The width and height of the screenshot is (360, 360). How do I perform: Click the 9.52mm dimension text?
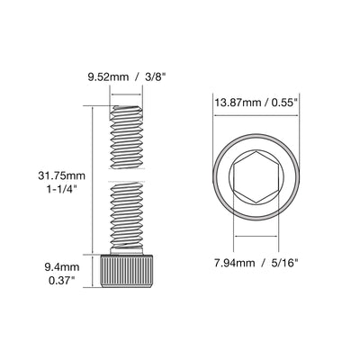pyautogui.click(x=108, y=77)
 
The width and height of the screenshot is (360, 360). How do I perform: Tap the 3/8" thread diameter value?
pyautogui.click(x=154, y=76)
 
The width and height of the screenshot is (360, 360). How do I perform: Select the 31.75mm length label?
pyautogui.click(x=61, y=175)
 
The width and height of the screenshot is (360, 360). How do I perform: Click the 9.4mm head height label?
pyautogui.click(x=62, y=266)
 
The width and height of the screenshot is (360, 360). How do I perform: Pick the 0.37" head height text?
pyautogui.click(x=62, y=281)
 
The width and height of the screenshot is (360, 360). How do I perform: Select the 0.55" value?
pyautogui.click(x=284, y=103)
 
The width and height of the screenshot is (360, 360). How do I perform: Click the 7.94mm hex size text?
pyautogui.click(x=234, y=263)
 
